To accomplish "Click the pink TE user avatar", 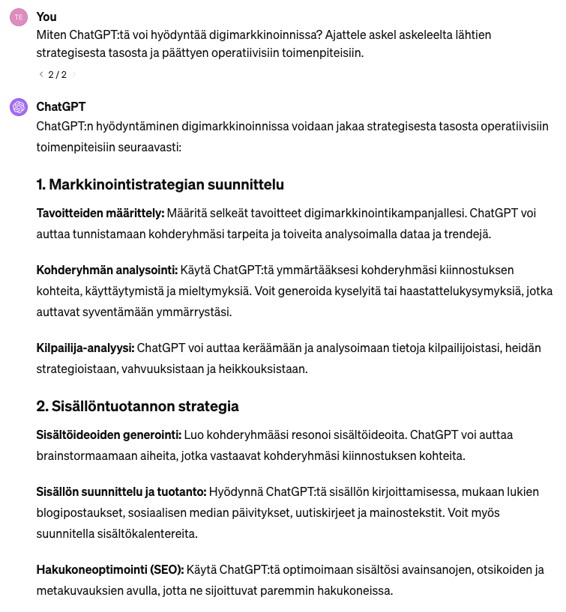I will click(19, 17).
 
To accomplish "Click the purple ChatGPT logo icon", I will click(19, 107).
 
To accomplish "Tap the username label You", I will click(46, 16).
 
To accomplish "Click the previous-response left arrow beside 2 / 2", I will click(40, 74).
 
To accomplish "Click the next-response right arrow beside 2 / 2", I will click(73, 74).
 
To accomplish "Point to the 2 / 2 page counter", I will click(57, 74).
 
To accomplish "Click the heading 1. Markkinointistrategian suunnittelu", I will click(160, 184).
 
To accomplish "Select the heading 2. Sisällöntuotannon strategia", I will click(137, 407).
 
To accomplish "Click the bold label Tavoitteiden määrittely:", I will click(100, 213).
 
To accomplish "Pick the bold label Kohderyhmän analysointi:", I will click(105, 270).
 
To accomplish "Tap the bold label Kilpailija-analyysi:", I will click(85, 348).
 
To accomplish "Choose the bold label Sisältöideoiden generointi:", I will click(109, 434).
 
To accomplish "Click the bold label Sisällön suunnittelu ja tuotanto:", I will click(121, 491).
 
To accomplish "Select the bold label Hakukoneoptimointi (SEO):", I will click(109, 570).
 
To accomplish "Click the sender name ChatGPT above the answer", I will click(61, 106).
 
